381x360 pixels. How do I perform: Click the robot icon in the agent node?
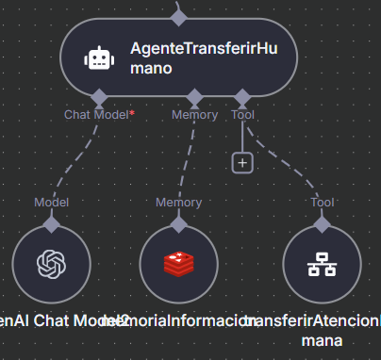(99, 59)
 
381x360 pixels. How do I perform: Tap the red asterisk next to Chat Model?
(132, 113)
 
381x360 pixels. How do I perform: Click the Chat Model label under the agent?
(95, 115)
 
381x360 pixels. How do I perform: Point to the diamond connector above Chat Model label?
(99, 97)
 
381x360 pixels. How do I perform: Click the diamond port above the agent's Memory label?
(194, 97)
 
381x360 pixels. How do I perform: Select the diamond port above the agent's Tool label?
(242, 97)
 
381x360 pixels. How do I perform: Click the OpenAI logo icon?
(51, 265)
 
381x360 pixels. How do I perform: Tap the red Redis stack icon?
(178, 265)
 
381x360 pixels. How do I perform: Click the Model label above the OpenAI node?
(51, 202)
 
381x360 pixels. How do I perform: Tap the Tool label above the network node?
(322, 202)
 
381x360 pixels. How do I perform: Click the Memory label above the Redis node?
(178, 202)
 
